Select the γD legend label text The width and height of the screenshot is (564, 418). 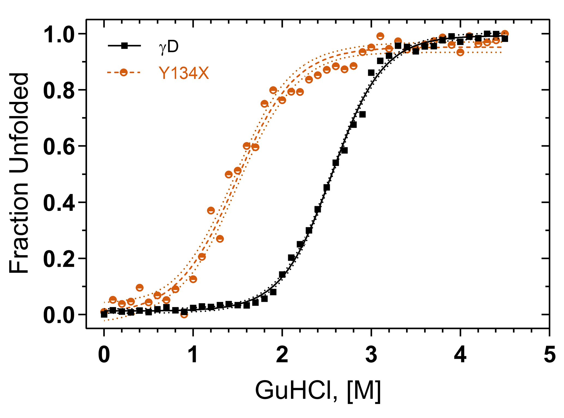(169, 47)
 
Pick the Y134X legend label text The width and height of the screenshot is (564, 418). (184, 73)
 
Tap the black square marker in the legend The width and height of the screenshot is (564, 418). (124, 46)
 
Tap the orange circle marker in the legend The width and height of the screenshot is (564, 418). (124, 72)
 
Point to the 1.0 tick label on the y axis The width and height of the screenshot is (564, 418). (59, 34)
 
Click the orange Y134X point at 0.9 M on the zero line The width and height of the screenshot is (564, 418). (184, 314)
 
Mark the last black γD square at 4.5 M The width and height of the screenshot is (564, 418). (505, 39)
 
